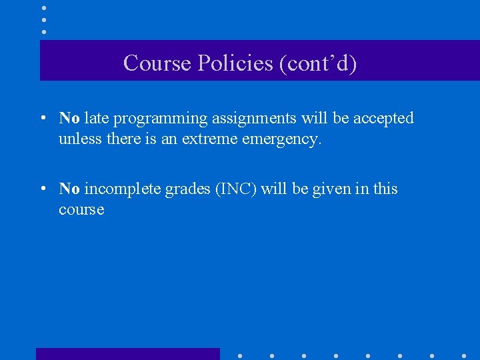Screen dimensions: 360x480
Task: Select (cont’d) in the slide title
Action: point(319,63)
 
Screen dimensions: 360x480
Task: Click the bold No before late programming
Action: point(69,119)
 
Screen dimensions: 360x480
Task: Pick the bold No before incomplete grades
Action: point(69,189)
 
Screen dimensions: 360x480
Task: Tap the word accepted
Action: point(383,119)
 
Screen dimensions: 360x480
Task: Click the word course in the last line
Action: point(81,210)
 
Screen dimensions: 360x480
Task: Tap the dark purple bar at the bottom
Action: point(127,354)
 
